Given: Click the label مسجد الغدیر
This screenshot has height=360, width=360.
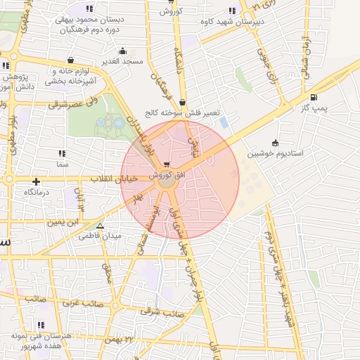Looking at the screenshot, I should [122, 61].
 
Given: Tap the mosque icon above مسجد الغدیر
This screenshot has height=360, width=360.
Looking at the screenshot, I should [122, 51].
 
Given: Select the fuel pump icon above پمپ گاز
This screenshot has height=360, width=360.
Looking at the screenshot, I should [313, 97].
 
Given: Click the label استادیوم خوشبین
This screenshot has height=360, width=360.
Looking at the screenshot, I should [275, 153].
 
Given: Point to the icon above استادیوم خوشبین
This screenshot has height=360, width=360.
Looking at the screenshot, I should [275, 143].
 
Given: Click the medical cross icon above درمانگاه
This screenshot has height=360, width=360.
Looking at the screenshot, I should [35, 181].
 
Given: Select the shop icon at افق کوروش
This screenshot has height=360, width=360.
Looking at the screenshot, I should [167, 165].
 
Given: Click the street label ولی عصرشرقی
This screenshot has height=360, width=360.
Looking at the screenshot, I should [67, 104].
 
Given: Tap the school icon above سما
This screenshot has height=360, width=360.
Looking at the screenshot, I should [62, 153].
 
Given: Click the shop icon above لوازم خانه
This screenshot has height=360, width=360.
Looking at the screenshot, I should [73, 60].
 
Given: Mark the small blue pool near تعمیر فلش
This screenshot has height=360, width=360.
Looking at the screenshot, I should [224, 122].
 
